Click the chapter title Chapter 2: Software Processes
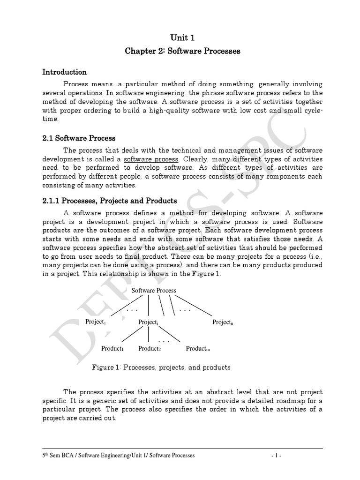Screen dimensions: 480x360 pyautogui.click(x=182, y=51)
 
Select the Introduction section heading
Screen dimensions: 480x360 pyautogui.click(x=65, y=72)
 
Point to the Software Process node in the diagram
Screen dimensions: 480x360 pyautogui.click(x=153, y=290)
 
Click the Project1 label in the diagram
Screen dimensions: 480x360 pyautogui.click(x=96, y=322)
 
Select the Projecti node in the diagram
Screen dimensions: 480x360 pyautogui.click(x=149, y=322)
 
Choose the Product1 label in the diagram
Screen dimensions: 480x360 pyautogui.click(x=112, y=348)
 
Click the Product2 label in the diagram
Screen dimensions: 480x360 pyautogui.click(x=150, y=348)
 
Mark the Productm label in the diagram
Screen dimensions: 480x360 pyautogui.click(x=198, y=348)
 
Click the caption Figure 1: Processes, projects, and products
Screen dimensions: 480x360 pyautogui.click(x=161, y=367)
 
